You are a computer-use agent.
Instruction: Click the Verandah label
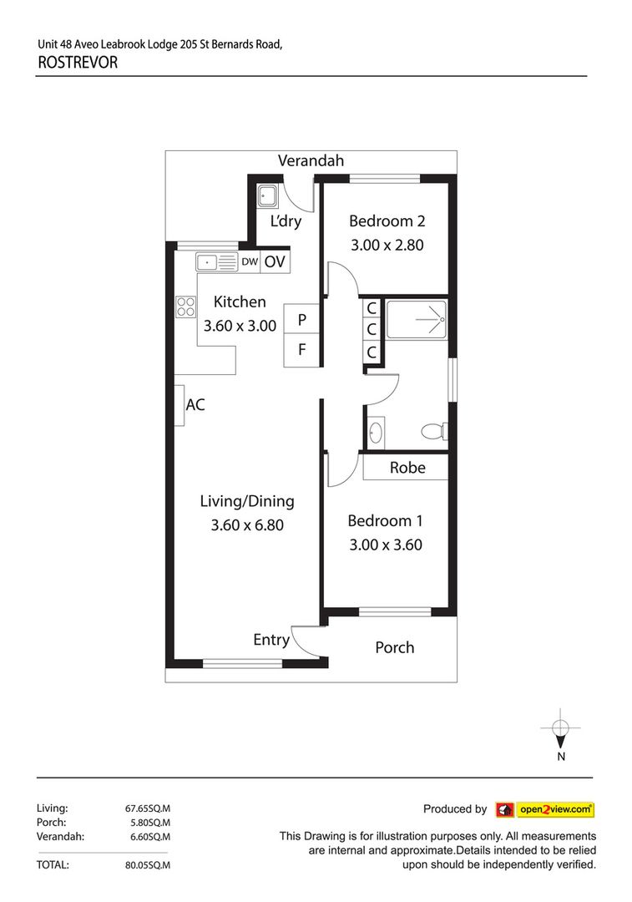[311, 161]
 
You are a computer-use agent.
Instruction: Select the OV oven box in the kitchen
[275, 262]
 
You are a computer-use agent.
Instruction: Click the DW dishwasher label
[250, 262]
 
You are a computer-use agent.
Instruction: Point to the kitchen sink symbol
[217, 262]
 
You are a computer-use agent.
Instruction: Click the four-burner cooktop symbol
[185, 307]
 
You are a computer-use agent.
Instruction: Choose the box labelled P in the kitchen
[301, 319]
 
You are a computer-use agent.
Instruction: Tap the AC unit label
[195, 405]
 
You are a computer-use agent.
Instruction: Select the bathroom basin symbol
[376, 433]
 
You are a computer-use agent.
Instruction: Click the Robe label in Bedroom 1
[407, 468]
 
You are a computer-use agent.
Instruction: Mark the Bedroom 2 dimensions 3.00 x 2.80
[387, 246]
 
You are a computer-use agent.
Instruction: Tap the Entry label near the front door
[271, 640]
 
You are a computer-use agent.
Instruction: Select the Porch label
[394, 647]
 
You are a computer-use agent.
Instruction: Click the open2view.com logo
[544, 809]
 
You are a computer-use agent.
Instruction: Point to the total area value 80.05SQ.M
[147, 865]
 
